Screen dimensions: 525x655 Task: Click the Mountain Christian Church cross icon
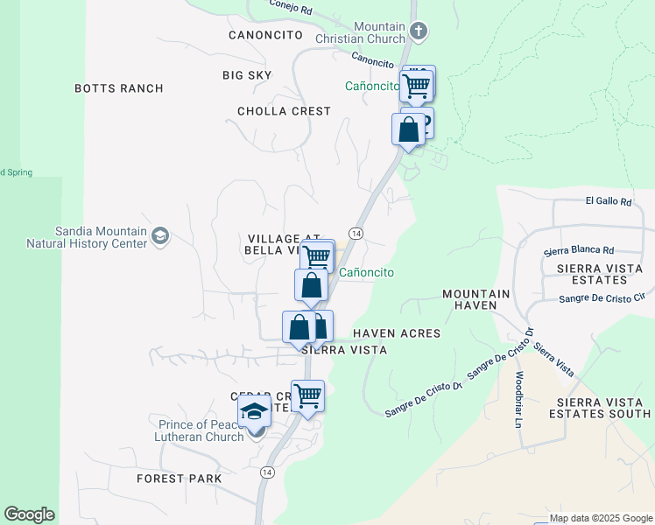(419, 32)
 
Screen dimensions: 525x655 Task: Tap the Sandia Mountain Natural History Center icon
(159, 235)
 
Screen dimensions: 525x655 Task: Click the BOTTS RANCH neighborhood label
(119, 88)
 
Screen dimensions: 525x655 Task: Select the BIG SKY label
(247, 75)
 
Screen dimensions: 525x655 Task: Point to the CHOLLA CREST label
(284, 111)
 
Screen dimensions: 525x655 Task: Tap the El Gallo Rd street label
(608, 201)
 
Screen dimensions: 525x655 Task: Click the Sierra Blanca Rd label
(579, 250)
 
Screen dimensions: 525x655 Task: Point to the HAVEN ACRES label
(397, 333)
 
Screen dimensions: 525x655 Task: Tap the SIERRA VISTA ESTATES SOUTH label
(597, 406)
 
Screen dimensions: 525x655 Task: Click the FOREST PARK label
(179, 479)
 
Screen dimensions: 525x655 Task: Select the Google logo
(29, 514)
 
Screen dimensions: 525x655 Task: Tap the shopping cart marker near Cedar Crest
(307, 395)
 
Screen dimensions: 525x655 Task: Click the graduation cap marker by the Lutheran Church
(254, 410)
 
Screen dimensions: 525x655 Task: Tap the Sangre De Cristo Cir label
(607, 299)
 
